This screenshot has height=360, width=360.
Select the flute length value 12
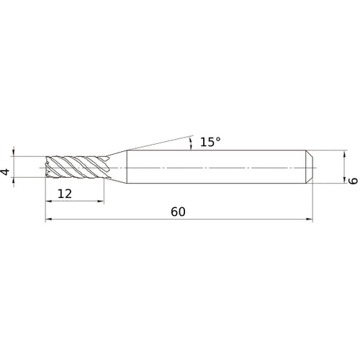click(x=66, y=194)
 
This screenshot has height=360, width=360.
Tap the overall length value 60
click(x=178, y=212)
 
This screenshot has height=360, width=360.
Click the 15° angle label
click(x=210, y=143)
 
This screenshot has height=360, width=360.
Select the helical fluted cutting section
click(x=76, y=167)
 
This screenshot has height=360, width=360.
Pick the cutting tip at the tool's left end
click(x=48, y=167)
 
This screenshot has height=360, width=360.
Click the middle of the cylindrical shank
click(x=216, y=167)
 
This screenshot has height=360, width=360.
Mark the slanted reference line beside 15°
click(x=158, y=143)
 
